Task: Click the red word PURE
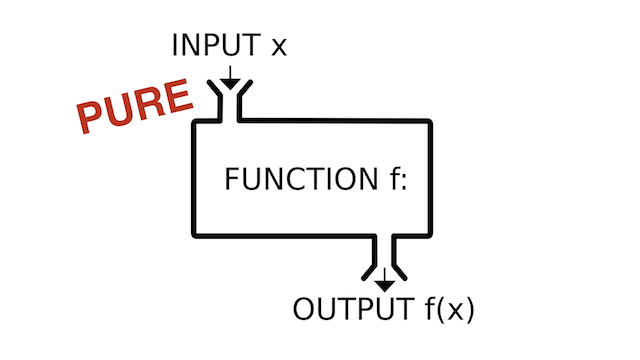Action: point(135,105)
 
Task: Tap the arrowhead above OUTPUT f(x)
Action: point(384,285)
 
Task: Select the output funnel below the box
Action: point(384,262)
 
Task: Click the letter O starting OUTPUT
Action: point(305,309)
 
